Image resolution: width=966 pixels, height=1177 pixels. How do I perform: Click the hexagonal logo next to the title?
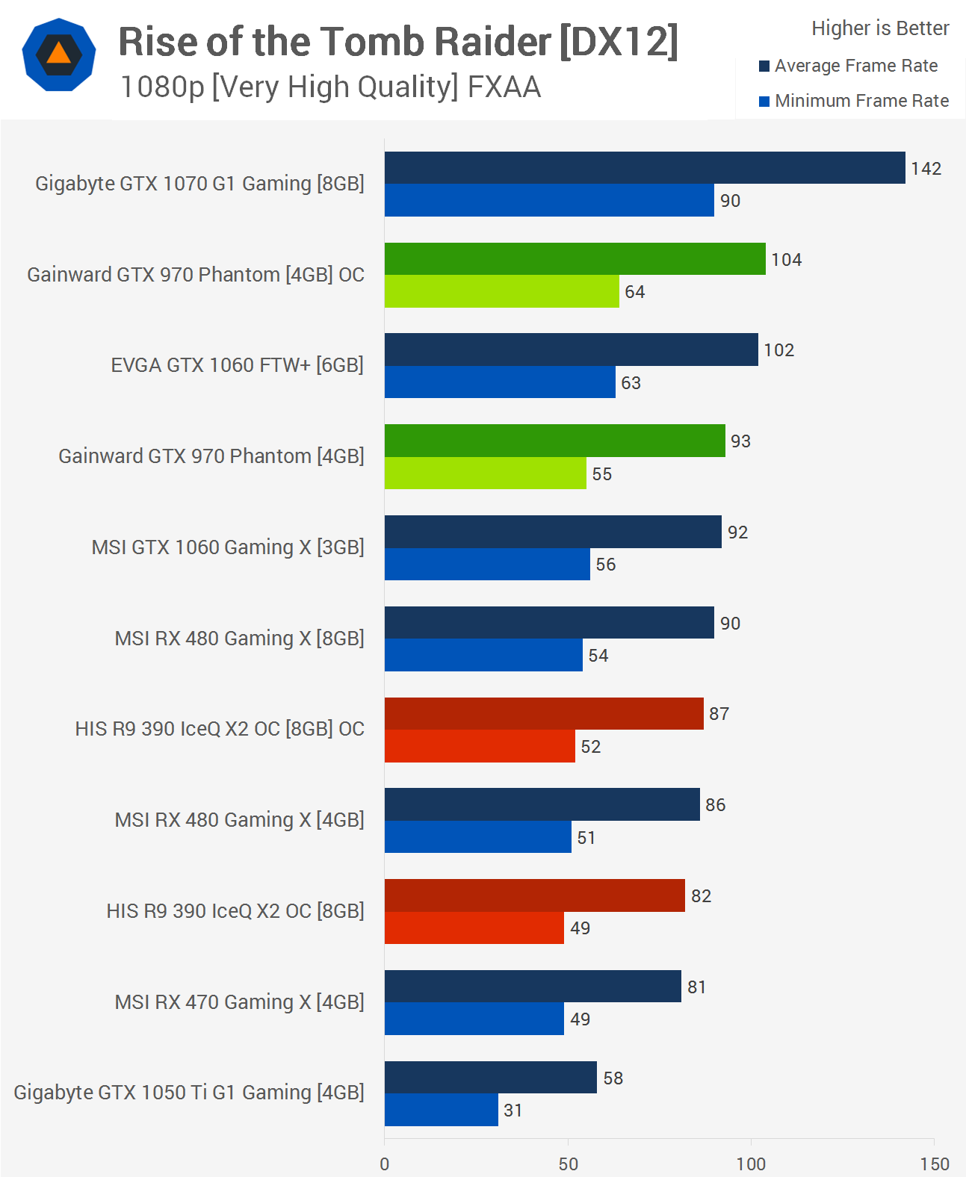click(x=59, y=55)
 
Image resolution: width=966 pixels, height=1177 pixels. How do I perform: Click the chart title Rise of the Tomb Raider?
click(x=398, y=42)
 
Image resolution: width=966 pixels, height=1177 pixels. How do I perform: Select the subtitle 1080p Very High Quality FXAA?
click(x=330, y=87)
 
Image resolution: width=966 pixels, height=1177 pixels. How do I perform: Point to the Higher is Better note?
click(x=880, y=28)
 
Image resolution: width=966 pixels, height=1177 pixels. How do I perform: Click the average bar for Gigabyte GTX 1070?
click(x=644, y=168)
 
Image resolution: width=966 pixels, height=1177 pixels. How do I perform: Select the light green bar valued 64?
click(x=501, y=291)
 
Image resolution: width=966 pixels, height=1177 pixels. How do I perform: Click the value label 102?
click(x=778, y=350)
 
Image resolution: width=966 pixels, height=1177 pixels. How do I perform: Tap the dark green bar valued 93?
click(x=554, y=441)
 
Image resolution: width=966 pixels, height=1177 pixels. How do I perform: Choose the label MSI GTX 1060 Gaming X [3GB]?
click(x=228, y=547)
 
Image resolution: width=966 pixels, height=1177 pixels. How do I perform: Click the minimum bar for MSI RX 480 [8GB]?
click(x=483, y=655)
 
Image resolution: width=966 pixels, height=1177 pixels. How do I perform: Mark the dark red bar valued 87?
click(x=544, y=714)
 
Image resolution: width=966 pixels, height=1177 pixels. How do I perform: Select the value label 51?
click(x=586, y=838)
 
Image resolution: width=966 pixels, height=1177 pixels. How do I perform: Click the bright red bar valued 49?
click(x=474, y=928)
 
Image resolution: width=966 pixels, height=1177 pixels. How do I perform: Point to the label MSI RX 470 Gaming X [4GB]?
click(x=239, y=1002)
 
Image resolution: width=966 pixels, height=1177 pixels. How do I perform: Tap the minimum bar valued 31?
click(x=441, y=1110)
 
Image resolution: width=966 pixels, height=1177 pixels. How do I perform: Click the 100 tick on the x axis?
click(x=751, y=1164)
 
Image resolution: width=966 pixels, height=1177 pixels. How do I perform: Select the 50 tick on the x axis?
click(x=568, y=1164)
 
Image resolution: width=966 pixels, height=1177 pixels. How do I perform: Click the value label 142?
click(x=926, y=169)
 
